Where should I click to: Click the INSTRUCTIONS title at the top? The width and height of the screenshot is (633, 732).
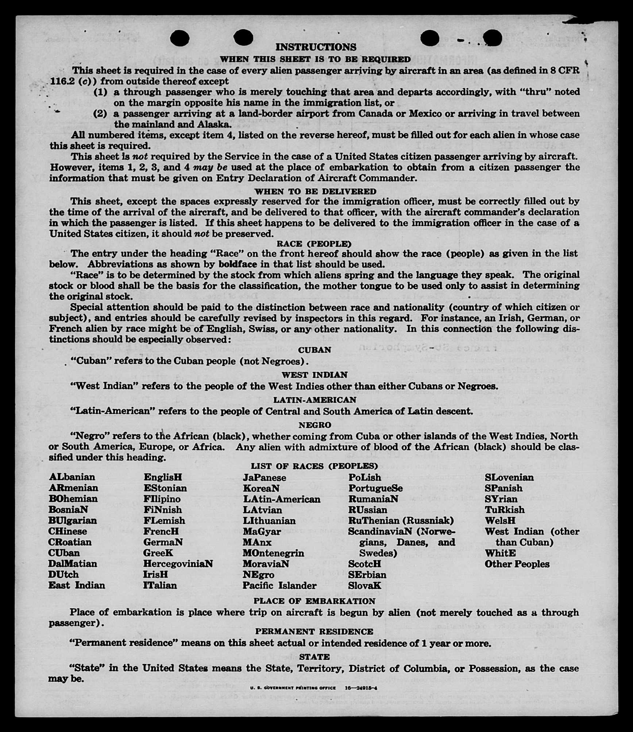(316, 47)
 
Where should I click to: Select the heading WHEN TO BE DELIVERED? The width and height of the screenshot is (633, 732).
(315, 191)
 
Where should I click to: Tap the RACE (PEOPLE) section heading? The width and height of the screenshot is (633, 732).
(314, 244)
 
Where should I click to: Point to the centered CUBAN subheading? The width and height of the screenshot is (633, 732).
(314, 350)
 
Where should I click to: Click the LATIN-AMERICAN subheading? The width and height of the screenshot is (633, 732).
(314, 400)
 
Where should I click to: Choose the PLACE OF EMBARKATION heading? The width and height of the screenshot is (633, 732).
(314, 601)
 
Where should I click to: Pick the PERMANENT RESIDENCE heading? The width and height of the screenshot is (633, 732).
(314, 631)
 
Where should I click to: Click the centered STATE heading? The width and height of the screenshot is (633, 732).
(314, 657)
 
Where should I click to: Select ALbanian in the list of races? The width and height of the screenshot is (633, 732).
(72, 477)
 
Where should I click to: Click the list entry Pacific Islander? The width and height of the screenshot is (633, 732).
(279, 585)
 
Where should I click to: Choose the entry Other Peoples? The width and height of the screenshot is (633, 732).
(517, 564)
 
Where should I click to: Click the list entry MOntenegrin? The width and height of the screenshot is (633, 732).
(273, 553)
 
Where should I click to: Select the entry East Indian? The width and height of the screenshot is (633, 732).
(77, 585)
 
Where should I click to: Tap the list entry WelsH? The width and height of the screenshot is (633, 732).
(500, 520)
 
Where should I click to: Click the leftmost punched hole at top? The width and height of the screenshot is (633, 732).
(180, 38)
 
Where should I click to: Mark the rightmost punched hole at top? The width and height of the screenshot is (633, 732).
(492, 38)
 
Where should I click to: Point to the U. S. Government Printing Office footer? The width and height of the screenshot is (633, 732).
(293, 688)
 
